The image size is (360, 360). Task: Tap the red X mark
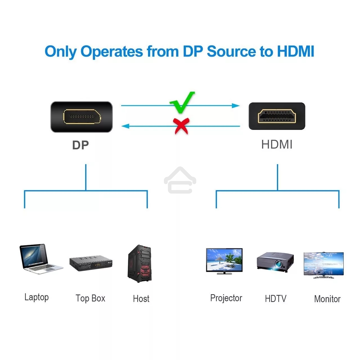181,126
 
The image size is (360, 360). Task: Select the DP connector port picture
82,117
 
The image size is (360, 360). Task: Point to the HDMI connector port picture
277,116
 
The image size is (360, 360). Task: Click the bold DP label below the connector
80,145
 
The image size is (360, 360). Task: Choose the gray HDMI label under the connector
277,145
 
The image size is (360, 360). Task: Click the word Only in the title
60,52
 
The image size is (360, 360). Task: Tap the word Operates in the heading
112,52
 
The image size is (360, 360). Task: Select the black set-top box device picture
91,263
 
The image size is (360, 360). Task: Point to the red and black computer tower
140,264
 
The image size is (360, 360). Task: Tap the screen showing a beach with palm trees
224,260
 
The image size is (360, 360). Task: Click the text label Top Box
90,298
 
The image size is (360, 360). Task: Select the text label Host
141,298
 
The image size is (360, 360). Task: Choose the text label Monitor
327,299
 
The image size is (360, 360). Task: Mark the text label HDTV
276,298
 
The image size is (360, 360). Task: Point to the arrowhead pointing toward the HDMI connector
236,106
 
